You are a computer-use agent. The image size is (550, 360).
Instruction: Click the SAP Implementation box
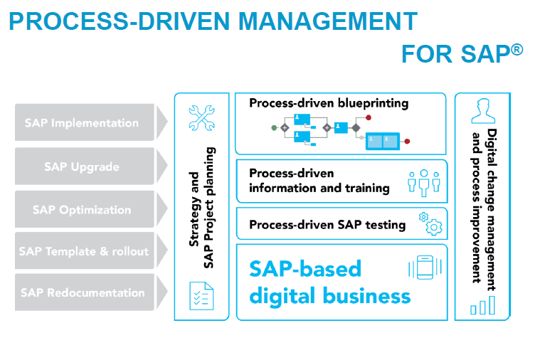click(x=84, y=122)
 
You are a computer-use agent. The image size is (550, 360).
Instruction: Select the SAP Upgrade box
click(x=84, y=166)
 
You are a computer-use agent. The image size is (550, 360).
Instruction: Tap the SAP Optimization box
click(x=84, y=209)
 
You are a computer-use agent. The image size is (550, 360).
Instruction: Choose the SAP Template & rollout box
click(x=84, y=251)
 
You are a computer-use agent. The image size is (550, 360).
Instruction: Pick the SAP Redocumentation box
click(x=84, y=292)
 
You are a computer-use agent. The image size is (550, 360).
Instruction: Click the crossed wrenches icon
click(x=201, y=118)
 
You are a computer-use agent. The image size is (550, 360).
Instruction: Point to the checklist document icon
click(x=201, y=296)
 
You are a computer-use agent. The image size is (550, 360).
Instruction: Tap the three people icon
click(x=424, y=183)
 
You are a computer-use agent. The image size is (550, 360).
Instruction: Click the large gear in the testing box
click(x=434, y=228)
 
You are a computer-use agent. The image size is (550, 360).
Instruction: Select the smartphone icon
click(x=425, y=268)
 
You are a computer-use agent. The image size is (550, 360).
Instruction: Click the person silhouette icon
click(x=483, y=111)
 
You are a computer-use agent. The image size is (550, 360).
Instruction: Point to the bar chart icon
click(x=482, y=305)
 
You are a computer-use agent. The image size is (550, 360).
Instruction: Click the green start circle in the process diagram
click(x=274, y=128)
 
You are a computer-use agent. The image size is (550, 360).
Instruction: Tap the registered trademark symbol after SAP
click(x=517, y=50)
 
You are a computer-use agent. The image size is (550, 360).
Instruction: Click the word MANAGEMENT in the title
click(x=328, y=21)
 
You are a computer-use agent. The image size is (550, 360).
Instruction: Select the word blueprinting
click(x=374, y=103)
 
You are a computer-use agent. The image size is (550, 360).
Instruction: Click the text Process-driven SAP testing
click(x=327, y=225)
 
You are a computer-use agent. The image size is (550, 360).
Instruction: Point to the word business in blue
click(x=366, y=296)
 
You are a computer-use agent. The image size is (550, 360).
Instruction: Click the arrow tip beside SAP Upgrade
click(x=167, y=166)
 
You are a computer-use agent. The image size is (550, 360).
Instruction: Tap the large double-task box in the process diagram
click(x=383, y=142)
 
